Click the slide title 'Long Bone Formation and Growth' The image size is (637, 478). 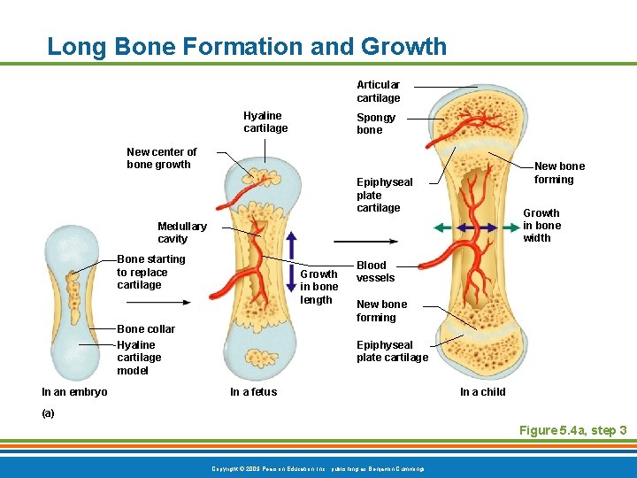pyautogui.click(x=247, y=46)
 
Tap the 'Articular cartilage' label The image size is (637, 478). pyautogui.click(x=378, y=91)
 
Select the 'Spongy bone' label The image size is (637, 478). pyautogui.click(x=376, y=124)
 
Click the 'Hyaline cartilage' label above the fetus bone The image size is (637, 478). pyautogui.click(x=265, y=122)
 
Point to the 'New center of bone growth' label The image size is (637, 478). pyautogui.click(x=161, y=158)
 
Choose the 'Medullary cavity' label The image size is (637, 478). pyautogui.click(x=181, y=232)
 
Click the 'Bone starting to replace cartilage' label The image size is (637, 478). pyautogui.click(x=151, y=272)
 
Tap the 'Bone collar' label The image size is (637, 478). pyautogui.click(x=146, y=328)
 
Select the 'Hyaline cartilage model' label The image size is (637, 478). pyautogui.click(x=139, y=358)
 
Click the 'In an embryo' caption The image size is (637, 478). pyautogui.click(x=74, y=392)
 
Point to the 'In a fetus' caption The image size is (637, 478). pyautogui.click(x=253, y=392)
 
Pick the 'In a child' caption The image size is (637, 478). pyautogui.click(x=482, y=392)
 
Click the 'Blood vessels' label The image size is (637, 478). pyautogui.click(x=375, y=271)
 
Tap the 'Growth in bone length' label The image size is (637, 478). pyautogui.click(x=318, y=287)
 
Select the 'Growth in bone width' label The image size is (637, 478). pyautogui.click(x=541, y=225)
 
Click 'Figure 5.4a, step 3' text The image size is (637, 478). pyautogui.click(x=572, y=430)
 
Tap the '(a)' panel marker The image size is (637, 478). pyautogui.click(x=48, y=412)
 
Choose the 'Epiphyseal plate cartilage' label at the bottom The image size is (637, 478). pyautogui.click(x=392, y=351)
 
